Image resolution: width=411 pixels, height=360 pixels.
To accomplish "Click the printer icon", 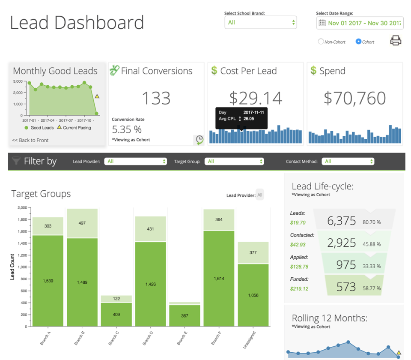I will coord(396,41).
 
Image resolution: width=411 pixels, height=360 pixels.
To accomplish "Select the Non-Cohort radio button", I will coord(321,42).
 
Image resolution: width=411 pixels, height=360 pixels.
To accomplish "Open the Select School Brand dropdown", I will coord(260,23).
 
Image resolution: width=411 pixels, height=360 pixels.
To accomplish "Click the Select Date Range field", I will coord(360,23).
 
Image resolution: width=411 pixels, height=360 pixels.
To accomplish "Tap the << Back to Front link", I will coord(30,140).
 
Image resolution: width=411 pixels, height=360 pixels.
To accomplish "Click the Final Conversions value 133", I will coord(156,98).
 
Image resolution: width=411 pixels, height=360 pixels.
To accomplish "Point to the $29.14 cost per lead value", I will coord(256,98).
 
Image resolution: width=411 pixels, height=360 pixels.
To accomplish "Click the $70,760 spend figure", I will coord(355,98).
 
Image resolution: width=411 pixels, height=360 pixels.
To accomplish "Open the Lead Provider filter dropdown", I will coord(135,162).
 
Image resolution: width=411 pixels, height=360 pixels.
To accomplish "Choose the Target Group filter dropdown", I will coord(234,162).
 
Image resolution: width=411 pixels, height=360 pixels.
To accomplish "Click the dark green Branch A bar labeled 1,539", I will coord(48,281).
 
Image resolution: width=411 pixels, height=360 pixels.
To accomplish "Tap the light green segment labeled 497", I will coord(82,223).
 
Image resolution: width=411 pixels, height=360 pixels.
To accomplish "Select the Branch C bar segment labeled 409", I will coord(116,315).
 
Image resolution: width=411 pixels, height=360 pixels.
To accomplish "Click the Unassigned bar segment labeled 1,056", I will coord(253,295).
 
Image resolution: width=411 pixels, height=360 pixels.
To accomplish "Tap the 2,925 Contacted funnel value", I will coord(341,243).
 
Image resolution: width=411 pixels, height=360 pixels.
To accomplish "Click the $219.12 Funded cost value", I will coord(299,288).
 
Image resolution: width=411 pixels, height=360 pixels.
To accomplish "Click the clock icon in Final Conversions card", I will coord(200,139).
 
